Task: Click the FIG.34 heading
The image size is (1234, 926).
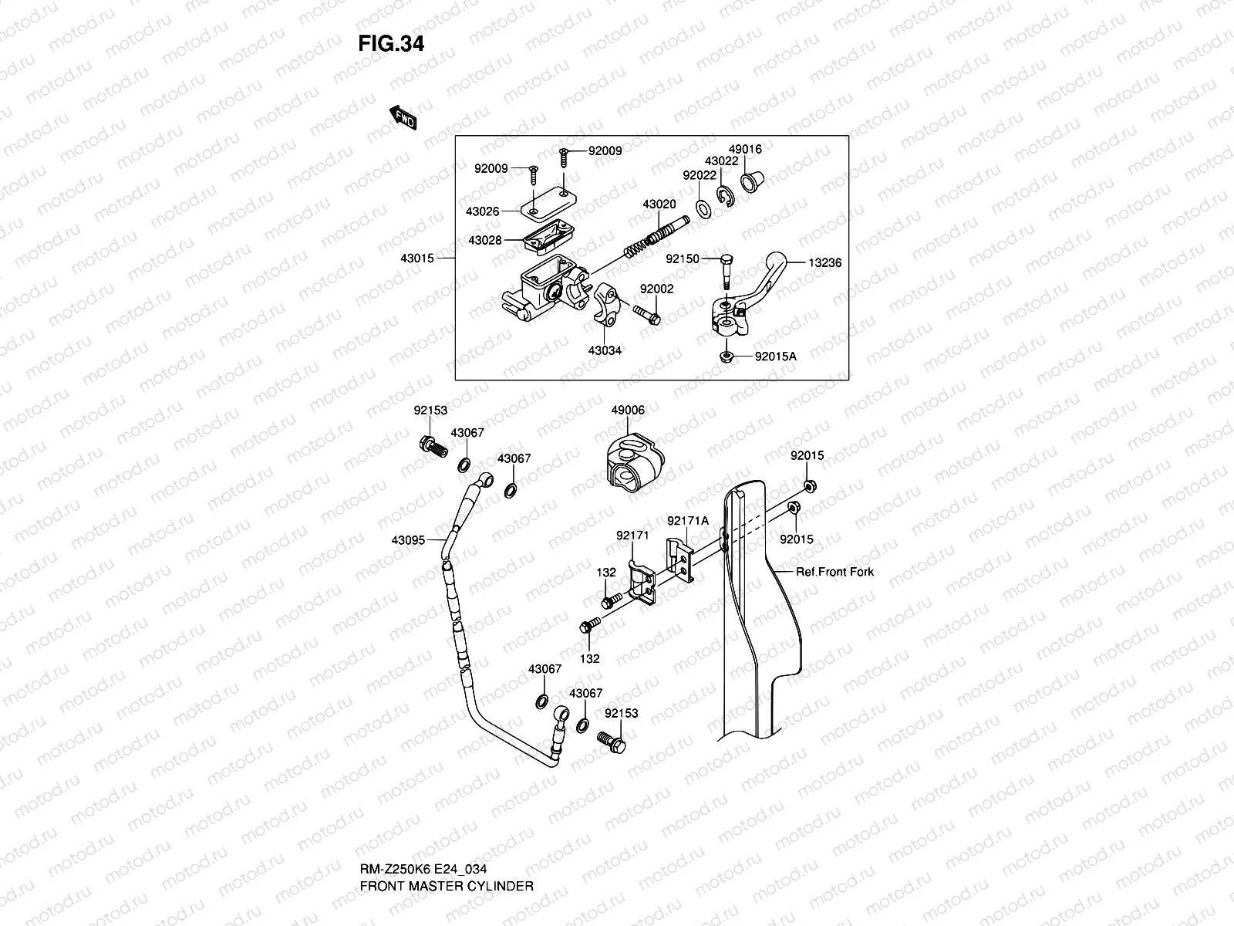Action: tap(391, 44)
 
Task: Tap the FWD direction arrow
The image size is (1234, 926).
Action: tap(403, 117)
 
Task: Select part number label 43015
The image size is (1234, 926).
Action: tap(417, 258)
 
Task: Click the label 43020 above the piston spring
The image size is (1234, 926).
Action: tap(659, 204)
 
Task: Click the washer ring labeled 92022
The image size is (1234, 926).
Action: tap(703, 209)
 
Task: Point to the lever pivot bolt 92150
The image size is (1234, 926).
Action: tap(726, 272)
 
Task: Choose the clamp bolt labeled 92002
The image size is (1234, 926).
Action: tap(647, 315)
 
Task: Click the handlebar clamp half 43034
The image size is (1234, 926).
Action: tap(607, 304)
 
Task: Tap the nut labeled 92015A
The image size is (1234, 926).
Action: tap(727, 357)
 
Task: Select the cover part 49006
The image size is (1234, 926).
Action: tap(636, 462)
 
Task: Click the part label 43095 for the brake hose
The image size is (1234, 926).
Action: tap(408, 540)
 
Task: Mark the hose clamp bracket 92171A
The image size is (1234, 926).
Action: tap(680, 560)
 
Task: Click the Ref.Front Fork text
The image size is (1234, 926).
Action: tap(834, 572)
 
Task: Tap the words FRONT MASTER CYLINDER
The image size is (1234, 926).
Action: tap(447, 886)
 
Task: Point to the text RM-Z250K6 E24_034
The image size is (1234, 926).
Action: tap(423, 869)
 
